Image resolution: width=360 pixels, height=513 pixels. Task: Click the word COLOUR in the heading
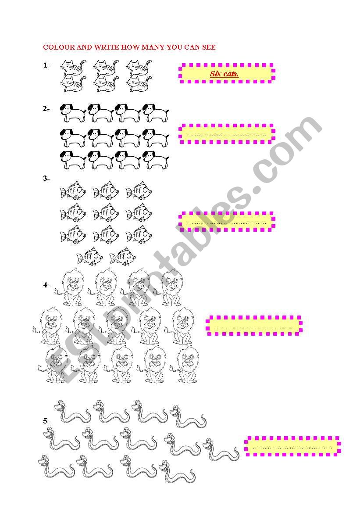[x=59, y=47]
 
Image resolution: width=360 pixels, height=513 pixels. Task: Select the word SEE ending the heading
[x=209, y=47]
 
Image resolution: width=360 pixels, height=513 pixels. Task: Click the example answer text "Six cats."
[x=225, y=74]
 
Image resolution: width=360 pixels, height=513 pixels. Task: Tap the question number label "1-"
[x=46, y=65]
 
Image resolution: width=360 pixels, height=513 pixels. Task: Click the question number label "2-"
[x=46, y=109]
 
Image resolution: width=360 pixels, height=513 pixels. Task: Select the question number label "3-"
[x=46, y=179]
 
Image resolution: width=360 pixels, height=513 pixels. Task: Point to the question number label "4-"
[x=46, y=285]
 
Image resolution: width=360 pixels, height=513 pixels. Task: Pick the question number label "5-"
[x=46, y=421]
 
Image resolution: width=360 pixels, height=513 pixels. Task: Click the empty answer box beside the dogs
[x=227, y=134]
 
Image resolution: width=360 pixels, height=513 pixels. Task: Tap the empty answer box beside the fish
[x=227, y=222]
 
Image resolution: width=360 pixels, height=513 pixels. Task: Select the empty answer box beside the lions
[x=254, y=326]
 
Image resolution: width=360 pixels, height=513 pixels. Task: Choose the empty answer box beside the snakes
[x=292, y=446]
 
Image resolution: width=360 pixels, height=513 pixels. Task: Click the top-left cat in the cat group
[x=74, y=68]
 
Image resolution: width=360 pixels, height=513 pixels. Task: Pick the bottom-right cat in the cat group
[x=139, y=84]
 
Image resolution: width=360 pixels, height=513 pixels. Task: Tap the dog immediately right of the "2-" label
[x=73, y=113]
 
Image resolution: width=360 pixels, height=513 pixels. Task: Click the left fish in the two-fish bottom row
[x=89, y=256]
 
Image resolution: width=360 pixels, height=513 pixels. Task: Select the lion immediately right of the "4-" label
[x=70, y=287]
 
